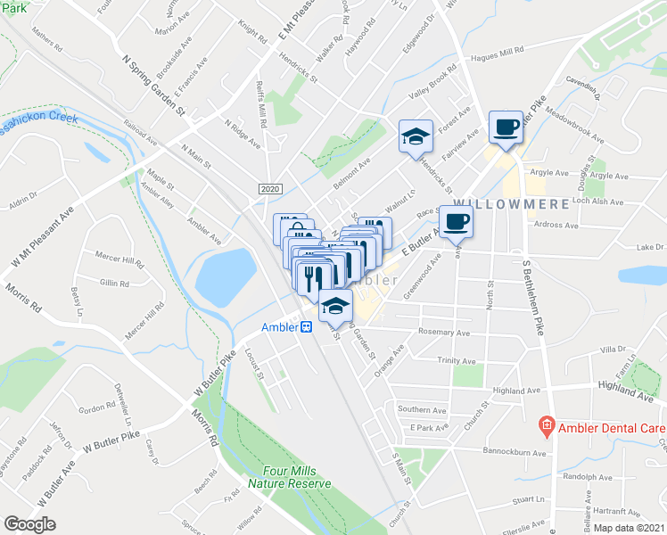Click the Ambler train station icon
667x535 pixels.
pyautogui.click(x=306, y=327)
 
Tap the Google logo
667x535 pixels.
pyautogui.click(x=29, y=524)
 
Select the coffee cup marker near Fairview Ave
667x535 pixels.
pyautogui.click(x=506, y=128)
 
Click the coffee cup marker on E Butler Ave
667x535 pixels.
pyautogui.click(x=456, y=222)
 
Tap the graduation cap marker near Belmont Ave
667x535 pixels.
pyautogui.click(x=415, y=137)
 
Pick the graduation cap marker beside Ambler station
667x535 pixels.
pyautogui.click(x=334, y=305)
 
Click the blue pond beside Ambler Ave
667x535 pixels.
pyautogui.click(x=225, y=276)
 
